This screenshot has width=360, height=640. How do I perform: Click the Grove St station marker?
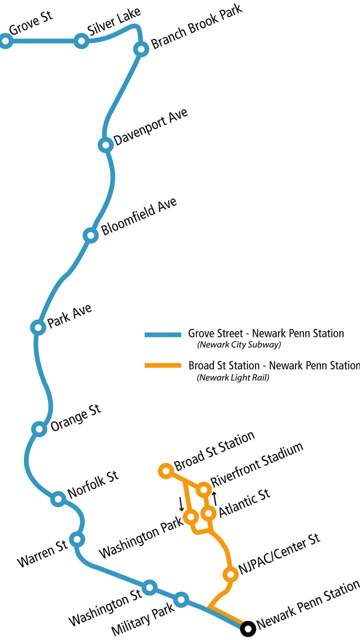[x=5, y=41]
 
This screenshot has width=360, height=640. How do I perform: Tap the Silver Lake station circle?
[x=81, y=41]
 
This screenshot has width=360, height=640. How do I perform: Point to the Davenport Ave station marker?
[x=105, y=145]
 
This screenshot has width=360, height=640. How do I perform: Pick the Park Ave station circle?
[x=37, y=327]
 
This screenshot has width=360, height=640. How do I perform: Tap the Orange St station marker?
[x=38, y=428]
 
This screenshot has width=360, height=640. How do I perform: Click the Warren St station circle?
[x=77, y=539]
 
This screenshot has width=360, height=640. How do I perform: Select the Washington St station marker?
[x=149, y=587]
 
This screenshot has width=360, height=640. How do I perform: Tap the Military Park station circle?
[x=181, y=599]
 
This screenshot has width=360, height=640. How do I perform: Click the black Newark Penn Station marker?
[x=247, y=627]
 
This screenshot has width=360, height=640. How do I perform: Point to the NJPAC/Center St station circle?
[x=230, y=574]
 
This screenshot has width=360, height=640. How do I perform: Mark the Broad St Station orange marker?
[x=165, y=470]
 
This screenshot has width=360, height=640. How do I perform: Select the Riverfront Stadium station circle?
[x=203, y=489]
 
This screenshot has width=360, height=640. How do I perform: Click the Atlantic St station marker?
[x=208, y=513]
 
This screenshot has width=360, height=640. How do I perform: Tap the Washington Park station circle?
[x=190, y=516]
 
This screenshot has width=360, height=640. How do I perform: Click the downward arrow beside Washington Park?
[x=181, y=503]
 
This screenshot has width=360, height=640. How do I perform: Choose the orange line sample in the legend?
[x=162, y=366]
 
